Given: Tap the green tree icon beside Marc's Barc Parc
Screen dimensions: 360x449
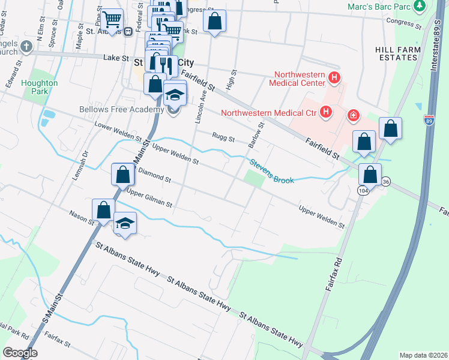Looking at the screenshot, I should (420, 6).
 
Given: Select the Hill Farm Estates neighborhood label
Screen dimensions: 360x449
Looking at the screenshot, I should (396, 53).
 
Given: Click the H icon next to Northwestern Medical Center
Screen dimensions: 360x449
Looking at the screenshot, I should (335, 78).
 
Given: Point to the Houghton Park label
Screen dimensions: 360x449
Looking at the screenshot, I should (39, 87).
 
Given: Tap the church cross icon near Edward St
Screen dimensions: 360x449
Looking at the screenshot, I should (26, 46).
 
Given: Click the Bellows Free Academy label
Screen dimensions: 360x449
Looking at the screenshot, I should (121, 110).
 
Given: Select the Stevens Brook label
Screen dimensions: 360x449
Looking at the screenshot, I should (272, 171).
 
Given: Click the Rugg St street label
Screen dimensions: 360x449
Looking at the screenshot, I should (223, 137).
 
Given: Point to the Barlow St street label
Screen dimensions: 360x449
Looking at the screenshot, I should (256, 136).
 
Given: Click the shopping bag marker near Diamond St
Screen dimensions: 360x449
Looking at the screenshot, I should (122, 175).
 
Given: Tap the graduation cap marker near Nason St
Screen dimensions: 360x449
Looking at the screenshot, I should (125, 223).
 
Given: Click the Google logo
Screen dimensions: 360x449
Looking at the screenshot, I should (20, 353).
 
